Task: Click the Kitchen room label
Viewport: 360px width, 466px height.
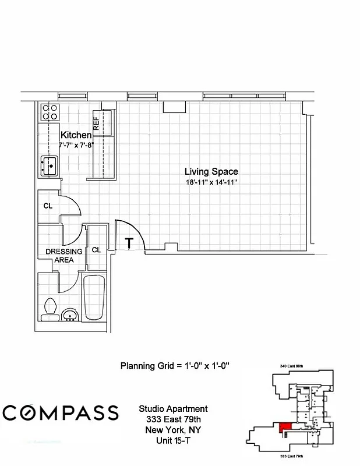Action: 76,135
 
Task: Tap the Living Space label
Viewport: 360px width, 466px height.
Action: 211,172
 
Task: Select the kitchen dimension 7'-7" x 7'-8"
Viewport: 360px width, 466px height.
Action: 76,145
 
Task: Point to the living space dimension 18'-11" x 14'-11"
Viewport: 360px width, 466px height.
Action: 211,183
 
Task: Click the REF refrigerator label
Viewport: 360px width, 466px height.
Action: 97,123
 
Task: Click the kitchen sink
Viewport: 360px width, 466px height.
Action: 50,165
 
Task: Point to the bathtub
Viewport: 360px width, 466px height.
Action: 94,297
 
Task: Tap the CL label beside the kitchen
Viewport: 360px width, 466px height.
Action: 48,206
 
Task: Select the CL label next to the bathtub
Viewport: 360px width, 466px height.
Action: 96,250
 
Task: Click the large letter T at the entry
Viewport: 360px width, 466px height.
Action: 129,243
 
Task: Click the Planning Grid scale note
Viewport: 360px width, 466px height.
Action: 175,366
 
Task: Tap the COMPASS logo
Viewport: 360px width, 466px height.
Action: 60,412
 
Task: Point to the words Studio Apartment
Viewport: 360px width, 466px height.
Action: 174,409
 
